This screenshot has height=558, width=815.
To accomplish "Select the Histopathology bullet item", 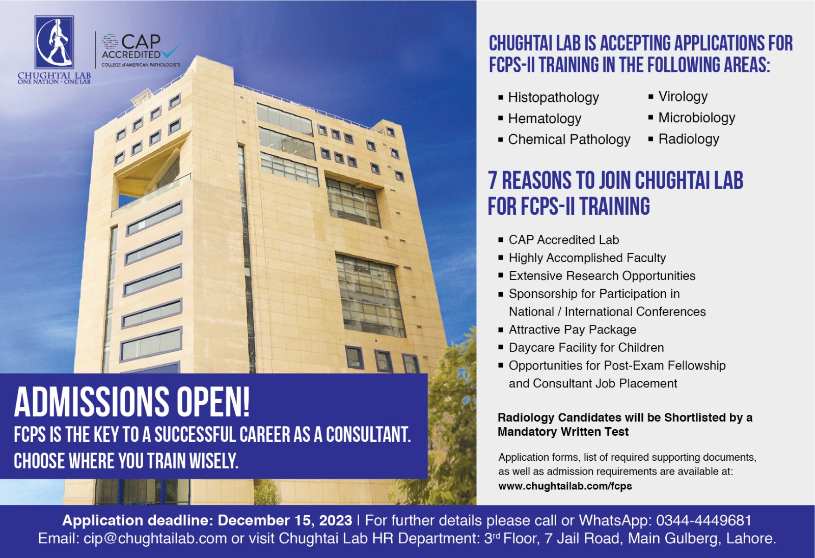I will tap(553, 97).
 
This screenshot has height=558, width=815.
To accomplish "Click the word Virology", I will tap(683, 96).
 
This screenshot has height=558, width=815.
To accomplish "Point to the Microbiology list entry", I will tap(696, 118).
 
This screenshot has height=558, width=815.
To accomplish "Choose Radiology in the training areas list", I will tap(689, 139).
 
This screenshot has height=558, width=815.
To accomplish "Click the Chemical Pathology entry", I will tap(569, 139).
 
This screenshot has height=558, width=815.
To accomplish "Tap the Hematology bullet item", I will tap(545, 119).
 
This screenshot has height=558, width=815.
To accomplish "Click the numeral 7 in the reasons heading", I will tap(493, 181).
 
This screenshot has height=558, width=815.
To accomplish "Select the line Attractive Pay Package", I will tap(572, 329).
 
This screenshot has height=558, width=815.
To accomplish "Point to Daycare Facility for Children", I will tap(586, 347).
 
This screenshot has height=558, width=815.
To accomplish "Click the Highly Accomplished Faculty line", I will tap(587, 258).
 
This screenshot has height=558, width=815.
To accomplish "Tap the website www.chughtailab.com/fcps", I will tap(565, 486).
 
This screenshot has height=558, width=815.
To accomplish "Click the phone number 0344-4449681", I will tap(703, 520).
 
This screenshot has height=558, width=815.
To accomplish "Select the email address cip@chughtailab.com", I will tap(155, 539).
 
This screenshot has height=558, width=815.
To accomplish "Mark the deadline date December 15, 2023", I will tap(285, 520).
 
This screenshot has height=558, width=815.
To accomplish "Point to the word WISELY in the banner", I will tap(213, 461).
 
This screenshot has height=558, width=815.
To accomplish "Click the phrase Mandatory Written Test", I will tap(563, 432).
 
